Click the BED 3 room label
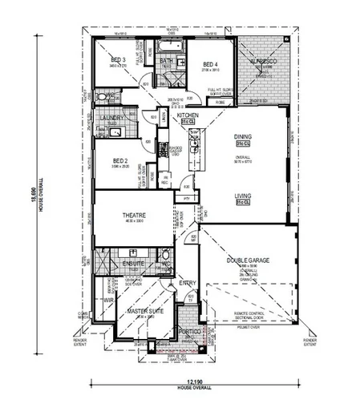[x=119, y=61]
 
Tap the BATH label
[x=167, y=62]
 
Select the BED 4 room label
[x=210, y=65]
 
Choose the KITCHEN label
[x=188, y=116]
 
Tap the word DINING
[x=243, y=138]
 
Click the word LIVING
[x=244, y=196]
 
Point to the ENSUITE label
[x=133, y=262]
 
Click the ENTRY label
[x=188, y=282]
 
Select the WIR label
[x=107, y=301]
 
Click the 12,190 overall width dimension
[x=186, y=381]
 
